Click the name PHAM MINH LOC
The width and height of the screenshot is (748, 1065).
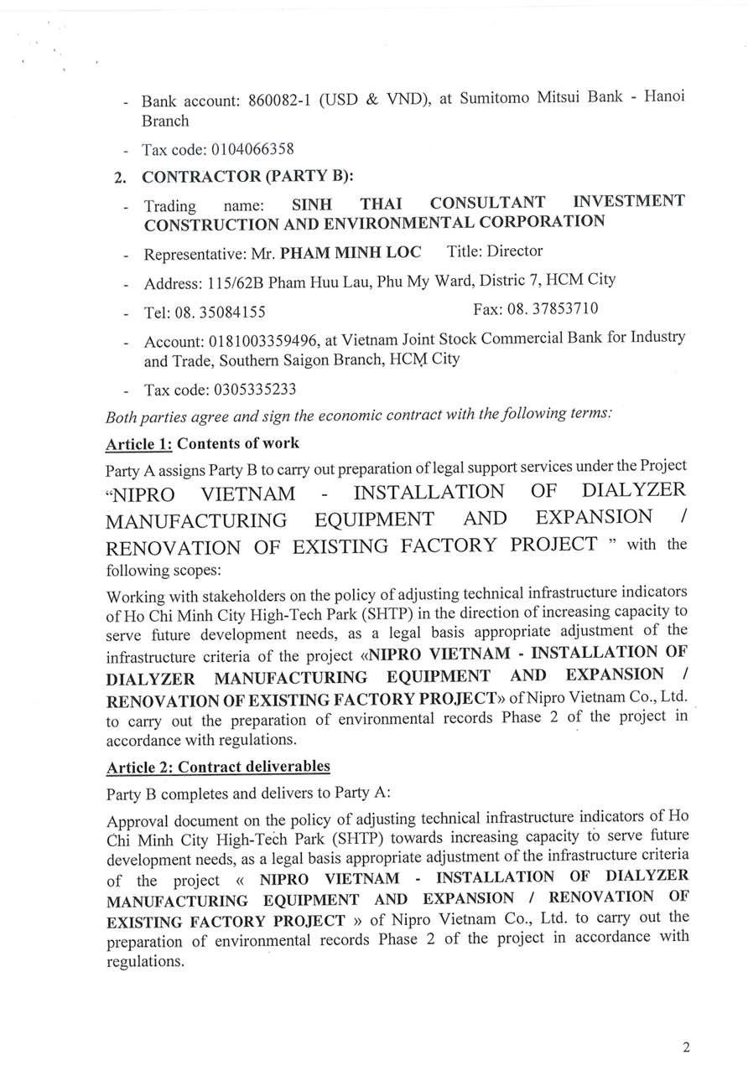351,252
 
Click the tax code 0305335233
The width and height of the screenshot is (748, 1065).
255,390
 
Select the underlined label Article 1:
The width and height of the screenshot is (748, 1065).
138,443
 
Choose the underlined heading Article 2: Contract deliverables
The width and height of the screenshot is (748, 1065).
218,767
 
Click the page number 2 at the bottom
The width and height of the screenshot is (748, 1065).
686,1047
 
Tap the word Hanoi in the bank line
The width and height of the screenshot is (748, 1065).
663,96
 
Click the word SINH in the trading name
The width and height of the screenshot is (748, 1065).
312,204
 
